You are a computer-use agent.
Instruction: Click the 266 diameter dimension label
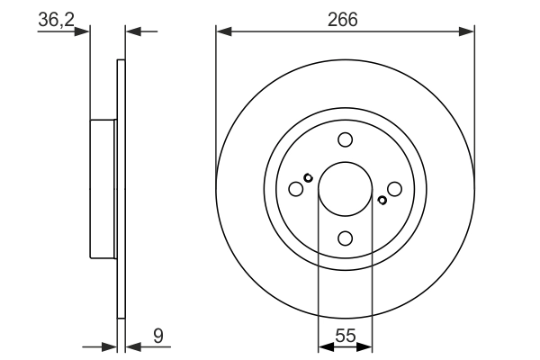tap(344, 19)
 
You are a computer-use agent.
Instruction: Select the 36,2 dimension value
tap(58, 19)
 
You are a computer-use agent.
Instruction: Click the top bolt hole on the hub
tap(345, 139)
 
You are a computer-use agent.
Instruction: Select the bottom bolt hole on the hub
tap(345, 238)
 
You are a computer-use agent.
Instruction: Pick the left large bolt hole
tap(295, 189)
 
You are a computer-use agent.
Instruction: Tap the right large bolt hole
tap(394, 189)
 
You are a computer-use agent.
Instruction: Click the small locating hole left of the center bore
tap(308, 177)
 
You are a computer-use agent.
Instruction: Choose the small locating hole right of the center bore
tap(382, 200)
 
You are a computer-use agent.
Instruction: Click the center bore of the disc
tap(345, 189)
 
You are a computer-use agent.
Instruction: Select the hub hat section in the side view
tap(103, 189)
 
